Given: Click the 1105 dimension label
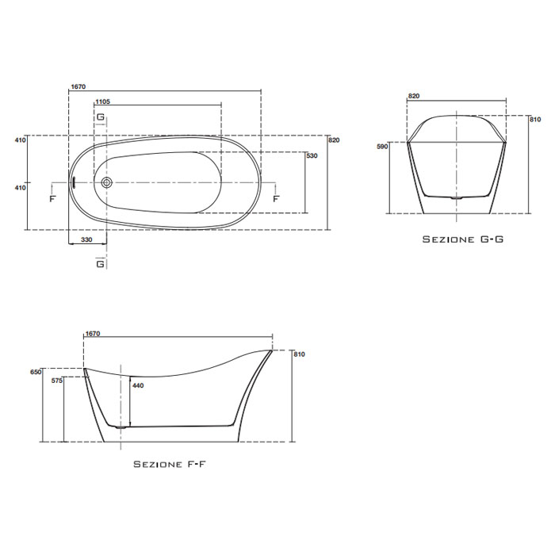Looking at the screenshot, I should coord(102,102).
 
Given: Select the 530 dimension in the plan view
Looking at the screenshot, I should coord(312,156).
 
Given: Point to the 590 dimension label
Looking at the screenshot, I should coord(381,147).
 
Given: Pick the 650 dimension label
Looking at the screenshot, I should coord(34,371).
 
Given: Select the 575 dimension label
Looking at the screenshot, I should coord(55,381).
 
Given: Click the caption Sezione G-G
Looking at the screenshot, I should coord(461,239).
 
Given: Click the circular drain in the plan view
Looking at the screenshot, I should coord(107,182).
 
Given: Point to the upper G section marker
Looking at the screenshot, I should coord(101,117).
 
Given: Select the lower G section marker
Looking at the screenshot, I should coord(101,263).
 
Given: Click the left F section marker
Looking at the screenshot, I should coord(53,198).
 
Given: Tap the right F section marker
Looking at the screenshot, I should coord(275,198).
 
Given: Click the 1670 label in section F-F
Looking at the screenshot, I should coord(93,335).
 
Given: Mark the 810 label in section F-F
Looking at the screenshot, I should coord(299,354).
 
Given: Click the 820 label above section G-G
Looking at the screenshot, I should coord(413,96).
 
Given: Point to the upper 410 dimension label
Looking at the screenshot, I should coord(21,140).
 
